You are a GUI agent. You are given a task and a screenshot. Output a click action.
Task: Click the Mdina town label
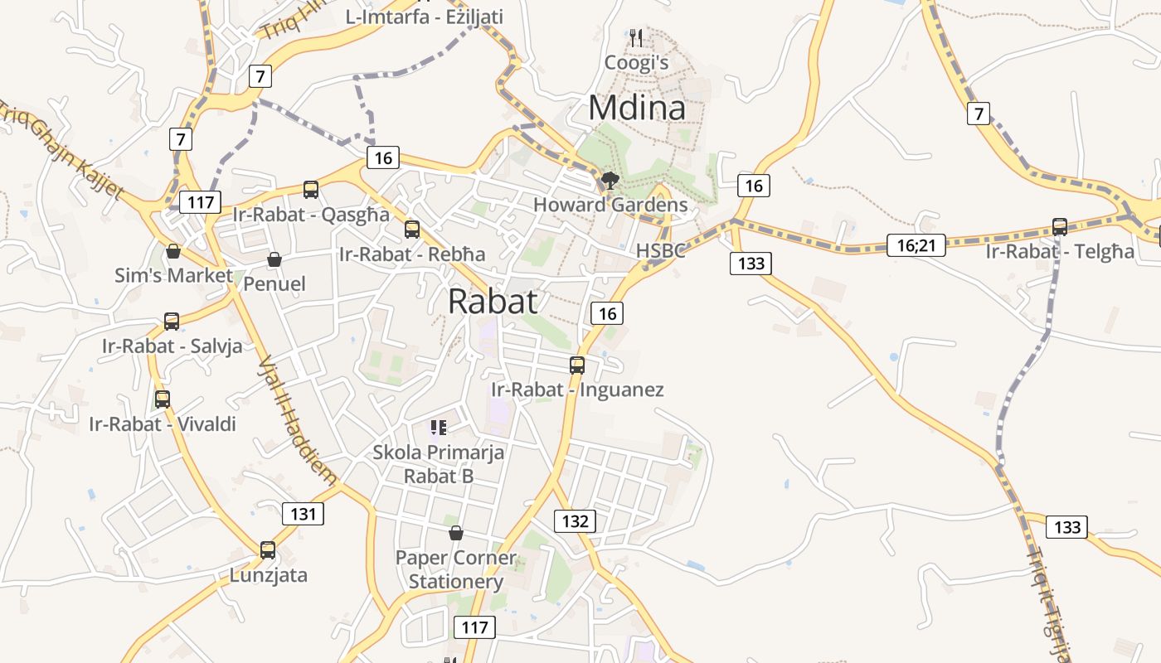(x=637, y=109)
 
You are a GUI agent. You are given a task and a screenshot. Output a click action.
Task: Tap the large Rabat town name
(x=493, y=302)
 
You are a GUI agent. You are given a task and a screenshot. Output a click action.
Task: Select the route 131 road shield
(x=304, y=514)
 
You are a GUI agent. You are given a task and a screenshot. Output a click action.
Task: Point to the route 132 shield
(x=575, y=521)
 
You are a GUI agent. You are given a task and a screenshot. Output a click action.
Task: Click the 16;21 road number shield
(x=916, y=244)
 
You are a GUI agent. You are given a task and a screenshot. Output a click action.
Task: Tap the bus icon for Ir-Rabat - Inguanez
(x=576, y=365)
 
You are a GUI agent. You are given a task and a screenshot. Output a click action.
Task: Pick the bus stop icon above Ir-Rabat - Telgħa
(x=1059, y=226)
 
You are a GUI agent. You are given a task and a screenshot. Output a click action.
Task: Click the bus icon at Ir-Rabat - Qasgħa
(x=311, y=190)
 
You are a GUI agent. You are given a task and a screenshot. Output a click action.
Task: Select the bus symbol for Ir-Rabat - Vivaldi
(x=163, y=399)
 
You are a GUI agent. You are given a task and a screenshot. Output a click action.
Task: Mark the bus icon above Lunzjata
(x=268, y=549)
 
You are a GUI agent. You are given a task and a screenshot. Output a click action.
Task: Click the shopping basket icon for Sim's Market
(x=173, y=251)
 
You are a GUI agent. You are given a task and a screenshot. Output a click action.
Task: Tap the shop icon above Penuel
(x=274, y=260)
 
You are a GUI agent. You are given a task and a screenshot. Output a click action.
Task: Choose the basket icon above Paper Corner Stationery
(x=455, y=533)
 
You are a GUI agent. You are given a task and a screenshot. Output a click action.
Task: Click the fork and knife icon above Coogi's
(x=636, y=37)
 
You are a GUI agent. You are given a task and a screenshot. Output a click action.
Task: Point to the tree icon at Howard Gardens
(x=610, y=180)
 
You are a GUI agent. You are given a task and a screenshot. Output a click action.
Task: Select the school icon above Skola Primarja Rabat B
(x=438, y=428)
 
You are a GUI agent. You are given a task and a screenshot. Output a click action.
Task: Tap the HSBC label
(x=660, y=250)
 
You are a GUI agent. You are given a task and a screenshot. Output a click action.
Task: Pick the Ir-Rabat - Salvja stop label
(x=172, y=346)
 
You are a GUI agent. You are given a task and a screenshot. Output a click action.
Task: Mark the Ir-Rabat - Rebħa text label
(x=412, y=254)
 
